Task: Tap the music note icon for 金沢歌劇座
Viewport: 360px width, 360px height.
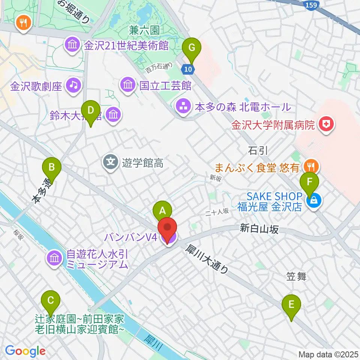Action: (x=73, y=85)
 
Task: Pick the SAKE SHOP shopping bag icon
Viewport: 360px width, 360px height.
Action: (x=313, y=201)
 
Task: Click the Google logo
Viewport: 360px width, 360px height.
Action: (x=25, y=351)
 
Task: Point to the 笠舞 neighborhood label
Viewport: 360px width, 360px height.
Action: (x=296, y=277)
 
